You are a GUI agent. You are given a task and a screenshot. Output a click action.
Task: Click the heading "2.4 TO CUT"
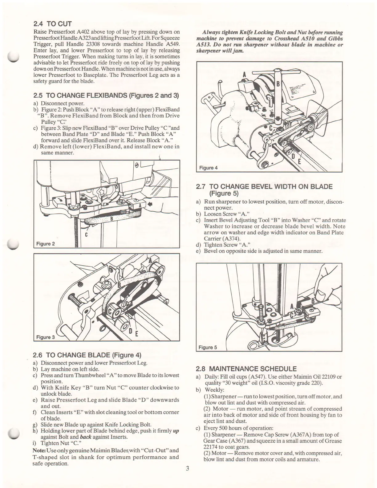(x=52, y=24)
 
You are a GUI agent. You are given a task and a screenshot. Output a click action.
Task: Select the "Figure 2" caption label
(x=45, y=244)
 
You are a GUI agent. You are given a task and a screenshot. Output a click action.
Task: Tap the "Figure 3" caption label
(x=45, y=337)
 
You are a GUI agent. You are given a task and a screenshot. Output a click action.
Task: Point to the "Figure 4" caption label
(x=208, y=168)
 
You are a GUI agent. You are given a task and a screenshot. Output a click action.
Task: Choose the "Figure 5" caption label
(x=208, y=348)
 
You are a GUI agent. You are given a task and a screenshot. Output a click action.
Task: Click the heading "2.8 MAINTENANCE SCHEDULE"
(x=246, y=369)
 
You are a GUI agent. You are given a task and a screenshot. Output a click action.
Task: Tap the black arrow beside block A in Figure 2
(x=150, y=204)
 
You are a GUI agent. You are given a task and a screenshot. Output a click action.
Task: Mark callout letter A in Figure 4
(x=244, y=75)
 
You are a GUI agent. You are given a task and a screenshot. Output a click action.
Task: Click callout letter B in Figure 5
(x=313, y=301)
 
